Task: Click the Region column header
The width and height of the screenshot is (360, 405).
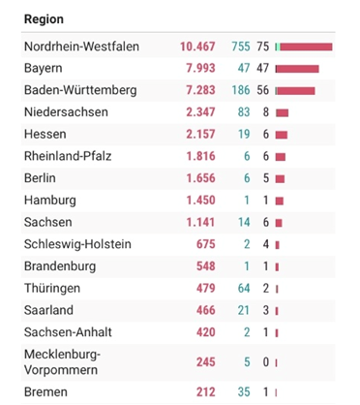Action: point(44,19)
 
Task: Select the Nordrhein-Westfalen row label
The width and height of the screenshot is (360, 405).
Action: point(81,47)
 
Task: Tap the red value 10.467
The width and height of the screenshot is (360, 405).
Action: point(197,47)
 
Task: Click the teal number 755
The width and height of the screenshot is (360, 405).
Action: point(241,47)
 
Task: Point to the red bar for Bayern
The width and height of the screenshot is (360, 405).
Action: point(298,69)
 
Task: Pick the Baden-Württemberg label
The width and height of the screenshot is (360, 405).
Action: point(80,90)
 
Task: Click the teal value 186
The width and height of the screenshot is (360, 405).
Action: point(241,90)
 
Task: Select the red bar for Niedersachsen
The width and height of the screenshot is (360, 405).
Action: point(283,112)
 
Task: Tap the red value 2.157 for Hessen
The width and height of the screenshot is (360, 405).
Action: point(200,134)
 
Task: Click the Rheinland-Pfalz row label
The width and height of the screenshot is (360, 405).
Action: point(68,156)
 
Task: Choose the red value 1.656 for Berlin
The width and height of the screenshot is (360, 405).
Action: point(200,178)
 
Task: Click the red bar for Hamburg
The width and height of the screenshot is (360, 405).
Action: point(280,201)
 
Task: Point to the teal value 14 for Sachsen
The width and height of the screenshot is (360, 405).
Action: point(244,222)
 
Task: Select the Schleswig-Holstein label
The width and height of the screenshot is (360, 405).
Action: point(77,244)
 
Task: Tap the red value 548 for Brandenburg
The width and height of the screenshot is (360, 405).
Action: point(206,266)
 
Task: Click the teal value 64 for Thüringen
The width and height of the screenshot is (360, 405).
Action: point(244,288)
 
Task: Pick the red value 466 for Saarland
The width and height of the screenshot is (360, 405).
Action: point(206,310)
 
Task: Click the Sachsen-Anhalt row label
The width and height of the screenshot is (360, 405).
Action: point(68,332)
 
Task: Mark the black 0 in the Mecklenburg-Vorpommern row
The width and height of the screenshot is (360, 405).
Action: point(265,362)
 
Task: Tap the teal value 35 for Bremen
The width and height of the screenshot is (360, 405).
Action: point(244,392)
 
